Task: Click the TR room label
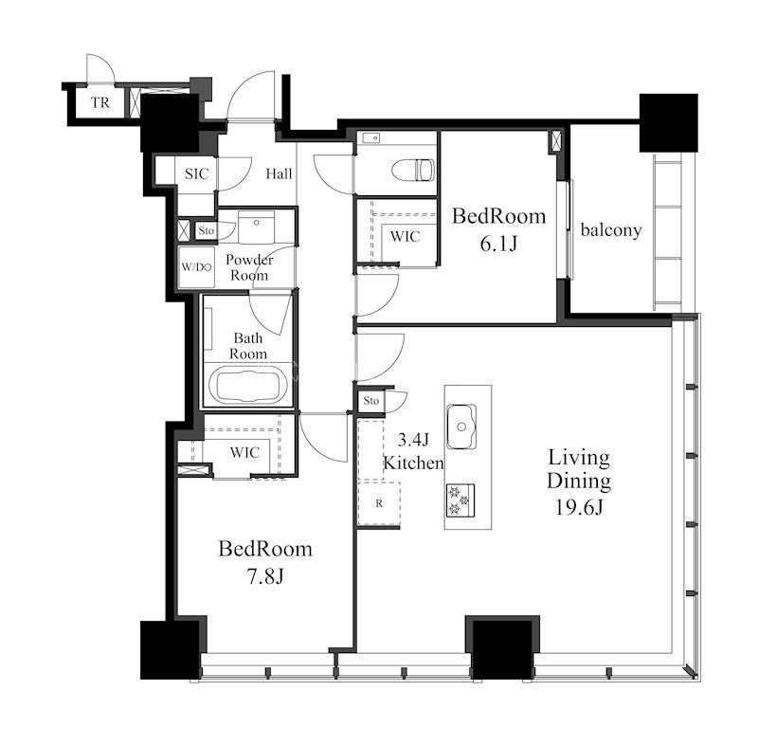coord(100,102)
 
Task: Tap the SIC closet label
coord(197,173)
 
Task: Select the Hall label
coord(279,173)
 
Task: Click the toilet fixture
coord(413,171)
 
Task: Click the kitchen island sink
coord(461,427)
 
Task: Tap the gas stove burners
coord(460,500)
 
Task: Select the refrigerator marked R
coord(379,503)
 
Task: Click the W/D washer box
coord(196,267)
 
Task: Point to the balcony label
coord(611,230)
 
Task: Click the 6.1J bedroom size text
coord(498,244)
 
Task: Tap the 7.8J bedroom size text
coord(265,576)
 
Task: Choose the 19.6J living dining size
coord(579,507)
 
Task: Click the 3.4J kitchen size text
coord(413,440)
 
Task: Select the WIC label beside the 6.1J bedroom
coord(406,236)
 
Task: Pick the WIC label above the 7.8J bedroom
coord(244,452)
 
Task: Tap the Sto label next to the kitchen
coord(371,401)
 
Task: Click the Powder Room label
coord(249,267)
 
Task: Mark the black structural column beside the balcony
coord(669,123)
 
